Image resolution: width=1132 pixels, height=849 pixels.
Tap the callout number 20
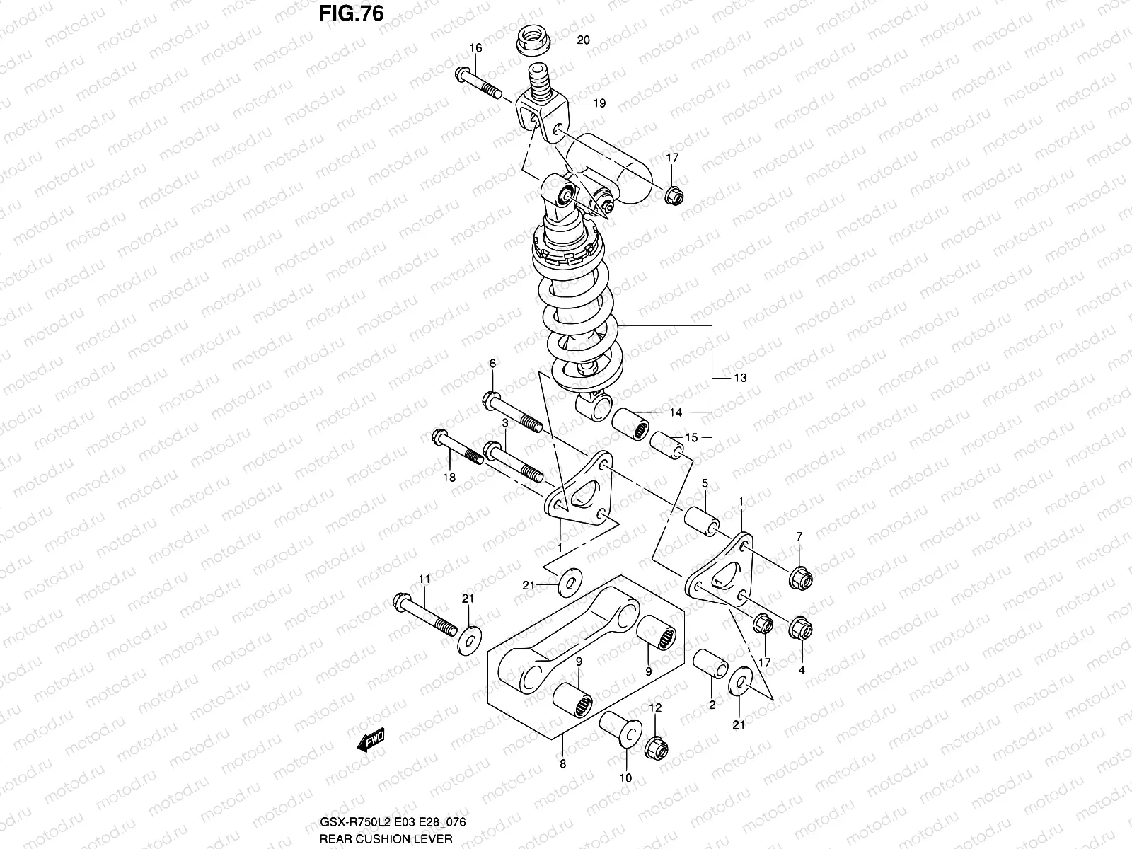583,40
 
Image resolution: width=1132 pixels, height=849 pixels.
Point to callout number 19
599,103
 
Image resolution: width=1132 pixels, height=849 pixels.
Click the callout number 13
740,379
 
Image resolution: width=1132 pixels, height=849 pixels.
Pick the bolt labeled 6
512,415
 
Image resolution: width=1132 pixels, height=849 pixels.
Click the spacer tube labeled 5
698,520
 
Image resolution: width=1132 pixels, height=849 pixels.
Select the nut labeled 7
801,578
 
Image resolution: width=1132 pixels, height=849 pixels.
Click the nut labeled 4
800,626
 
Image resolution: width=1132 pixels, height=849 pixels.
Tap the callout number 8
562,763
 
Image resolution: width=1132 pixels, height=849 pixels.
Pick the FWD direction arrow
371,741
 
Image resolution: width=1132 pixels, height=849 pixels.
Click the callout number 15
691,438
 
